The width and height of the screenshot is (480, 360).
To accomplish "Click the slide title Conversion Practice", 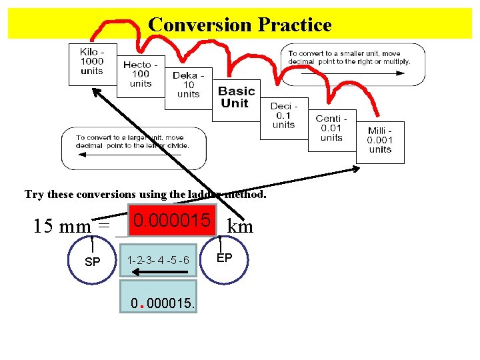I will pyautogui.click(x=239, y=25).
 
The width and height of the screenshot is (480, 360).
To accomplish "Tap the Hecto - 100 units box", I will pyautogui.click(x=141, y=74).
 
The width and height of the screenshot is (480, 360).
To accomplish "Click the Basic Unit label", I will pyautogui.click(x=237, y=97).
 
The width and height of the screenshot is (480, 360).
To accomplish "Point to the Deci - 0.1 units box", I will pyautogui.click(x=284, y=115).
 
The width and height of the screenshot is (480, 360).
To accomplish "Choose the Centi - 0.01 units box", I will pyautogui.click(x=331, y=128).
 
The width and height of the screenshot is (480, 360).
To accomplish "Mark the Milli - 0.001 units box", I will pyautogui.click(x=380, y=140).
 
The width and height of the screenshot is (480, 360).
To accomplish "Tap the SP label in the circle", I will pyautogui.click(x=93, y=262).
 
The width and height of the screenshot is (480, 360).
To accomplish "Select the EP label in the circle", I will pyautogui.click(x=223, y=257).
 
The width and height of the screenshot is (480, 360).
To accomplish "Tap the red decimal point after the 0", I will pyautogui.click(x=142, y=307).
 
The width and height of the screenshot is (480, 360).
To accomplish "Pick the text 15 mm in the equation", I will pyautogui.click(x=63, y=227).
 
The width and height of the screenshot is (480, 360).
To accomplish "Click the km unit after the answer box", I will pyautogui.click(x=240, y=227).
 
